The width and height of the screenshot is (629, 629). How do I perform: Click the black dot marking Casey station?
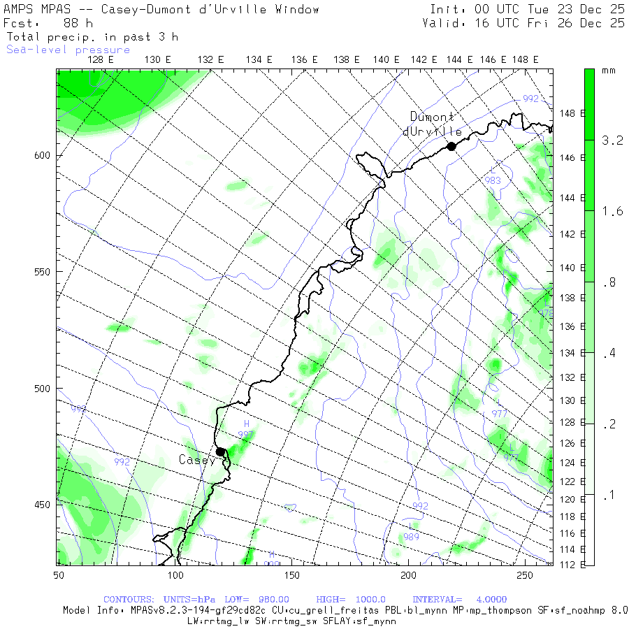point(220,451)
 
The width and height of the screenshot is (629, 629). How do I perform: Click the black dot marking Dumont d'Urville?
point(451,146)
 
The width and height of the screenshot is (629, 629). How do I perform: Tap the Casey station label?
point(197,460)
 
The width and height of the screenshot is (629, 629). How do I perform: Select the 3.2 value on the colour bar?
point(612,140)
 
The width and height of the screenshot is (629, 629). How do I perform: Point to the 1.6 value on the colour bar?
point(612,211)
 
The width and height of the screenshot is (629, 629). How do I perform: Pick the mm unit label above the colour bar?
point(608,71)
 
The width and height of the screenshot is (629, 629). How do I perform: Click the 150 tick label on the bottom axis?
point(291,575)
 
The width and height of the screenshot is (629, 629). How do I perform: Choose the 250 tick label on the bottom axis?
point(525,575)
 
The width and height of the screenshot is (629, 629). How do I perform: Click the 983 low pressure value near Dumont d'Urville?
point(493,180)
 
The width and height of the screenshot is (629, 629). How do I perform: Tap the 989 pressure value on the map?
point(412,537)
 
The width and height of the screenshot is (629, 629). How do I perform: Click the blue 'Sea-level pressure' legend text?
point(68,50)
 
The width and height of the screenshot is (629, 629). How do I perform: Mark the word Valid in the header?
point(440,23)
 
